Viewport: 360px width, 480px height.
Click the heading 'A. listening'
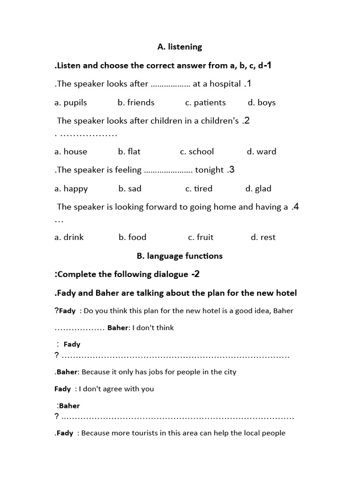point(180,47)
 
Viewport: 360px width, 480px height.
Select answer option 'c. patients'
point(205,103)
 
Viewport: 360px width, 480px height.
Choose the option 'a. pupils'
point(71,103)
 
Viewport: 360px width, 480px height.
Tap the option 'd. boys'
point(262,103)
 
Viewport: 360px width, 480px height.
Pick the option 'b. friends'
point(136,103)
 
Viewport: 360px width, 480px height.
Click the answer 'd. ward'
point(262,151)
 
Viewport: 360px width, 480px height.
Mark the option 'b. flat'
point(129,151)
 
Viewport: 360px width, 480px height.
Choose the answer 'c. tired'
point(199,188)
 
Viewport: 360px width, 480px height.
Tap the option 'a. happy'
point(71,188)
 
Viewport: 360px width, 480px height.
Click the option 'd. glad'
point(258,188)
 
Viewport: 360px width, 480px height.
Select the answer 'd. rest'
point(263,237)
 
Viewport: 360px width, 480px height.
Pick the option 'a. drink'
point(69,237)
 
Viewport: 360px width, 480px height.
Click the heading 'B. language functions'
point(180,256)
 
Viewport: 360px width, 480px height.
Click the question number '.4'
point(295,207)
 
